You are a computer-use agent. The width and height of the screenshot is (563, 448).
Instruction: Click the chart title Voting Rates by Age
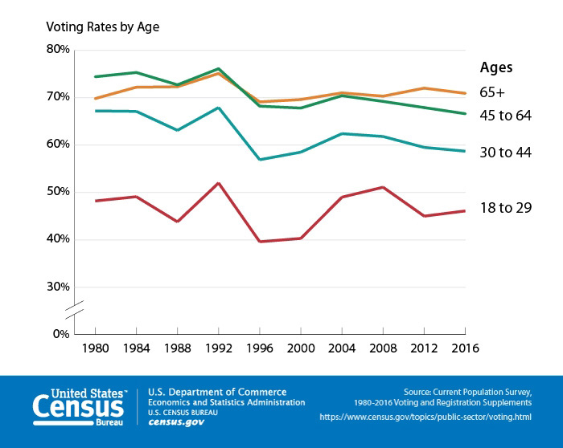[x=103, y=26]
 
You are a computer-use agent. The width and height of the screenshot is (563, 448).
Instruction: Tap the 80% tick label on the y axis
[x=59, y=50]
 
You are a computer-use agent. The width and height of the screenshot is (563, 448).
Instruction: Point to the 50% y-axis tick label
[x=59, y=192]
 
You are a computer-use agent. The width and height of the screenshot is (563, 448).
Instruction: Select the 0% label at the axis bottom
[x=61, y=334]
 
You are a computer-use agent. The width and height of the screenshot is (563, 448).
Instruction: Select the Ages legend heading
[x=496, y=67]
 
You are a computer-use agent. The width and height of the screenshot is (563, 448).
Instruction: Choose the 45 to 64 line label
[x=505, y=116]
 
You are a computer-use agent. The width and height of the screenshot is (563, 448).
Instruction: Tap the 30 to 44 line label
[x=505, y=152]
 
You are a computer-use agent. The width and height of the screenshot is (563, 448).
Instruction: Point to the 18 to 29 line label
[x=505, y=207]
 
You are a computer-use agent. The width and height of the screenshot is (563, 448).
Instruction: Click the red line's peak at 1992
[x=219, y=183]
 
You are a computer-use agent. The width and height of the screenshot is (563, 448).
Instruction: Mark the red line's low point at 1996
[x=260, y=241]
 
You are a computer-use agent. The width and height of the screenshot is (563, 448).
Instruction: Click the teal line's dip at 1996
[x=260, y=159]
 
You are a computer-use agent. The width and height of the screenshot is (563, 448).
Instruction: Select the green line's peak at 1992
[x=219, y=69]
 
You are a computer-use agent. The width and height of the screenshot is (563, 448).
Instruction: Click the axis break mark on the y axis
[x=74, y=309]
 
